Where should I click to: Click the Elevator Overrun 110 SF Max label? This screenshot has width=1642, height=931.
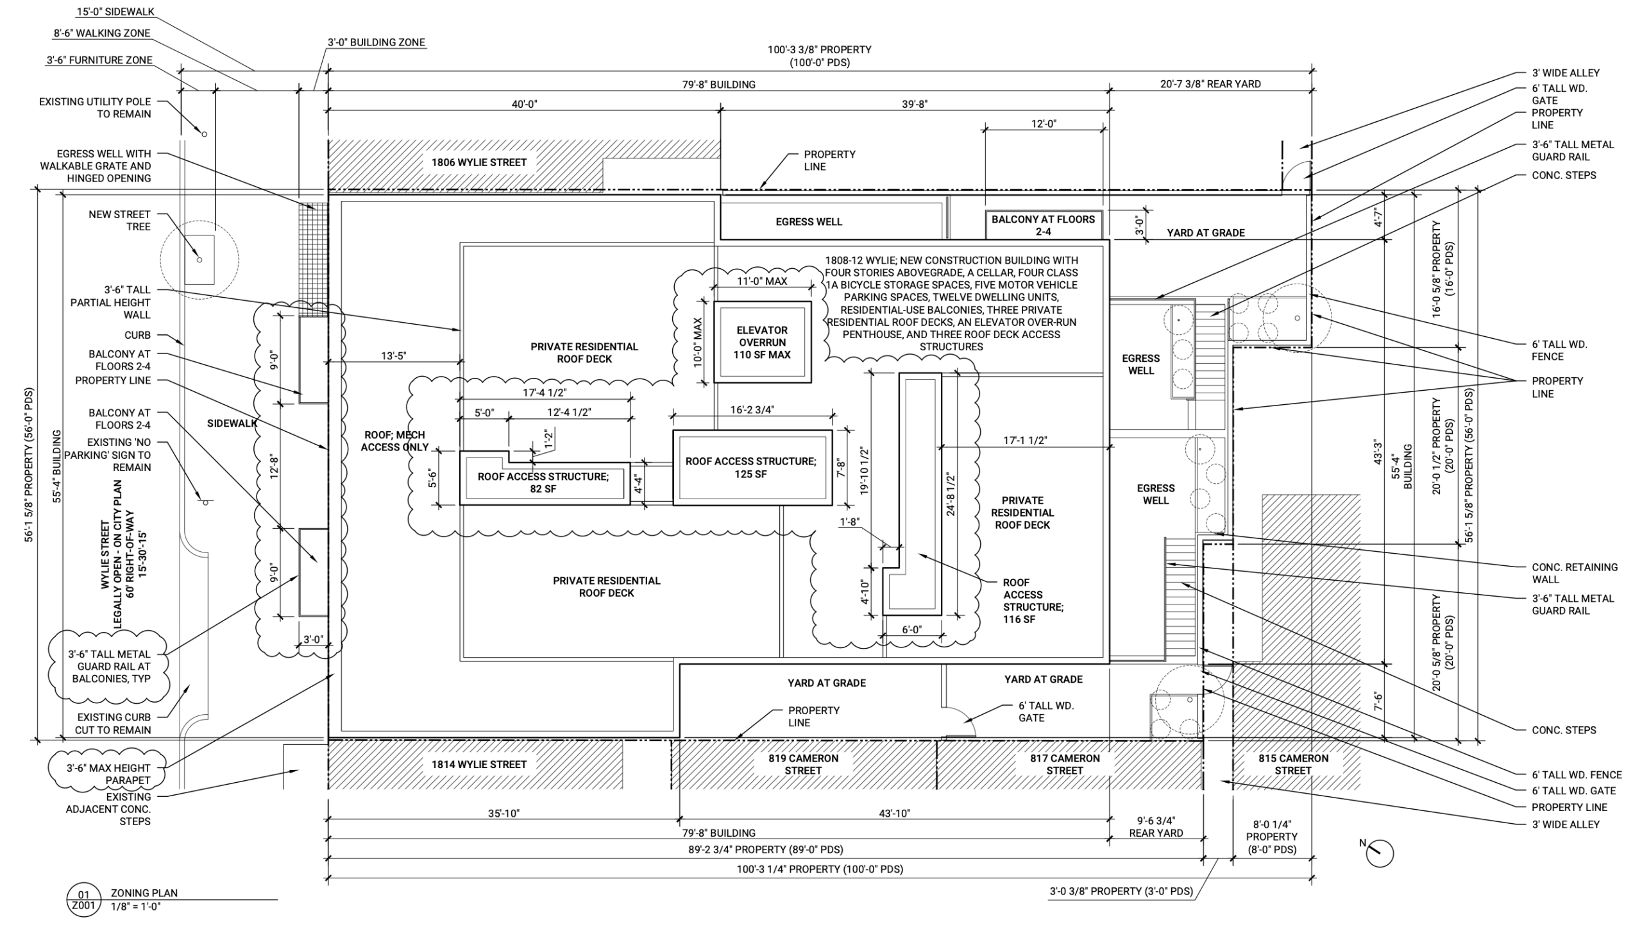[762, 342]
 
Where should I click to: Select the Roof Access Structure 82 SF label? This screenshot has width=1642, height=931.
[543, 483]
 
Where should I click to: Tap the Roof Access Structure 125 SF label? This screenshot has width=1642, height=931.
[750, 468]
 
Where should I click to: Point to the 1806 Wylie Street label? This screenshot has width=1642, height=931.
[478, 162]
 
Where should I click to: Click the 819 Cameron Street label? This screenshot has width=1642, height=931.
[803, 764]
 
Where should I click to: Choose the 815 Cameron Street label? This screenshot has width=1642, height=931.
[1292, 764]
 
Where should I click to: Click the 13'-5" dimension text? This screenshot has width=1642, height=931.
[393, 356]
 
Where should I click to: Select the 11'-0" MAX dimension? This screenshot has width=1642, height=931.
[761, 281]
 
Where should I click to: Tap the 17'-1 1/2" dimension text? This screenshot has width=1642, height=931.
[1025, 440]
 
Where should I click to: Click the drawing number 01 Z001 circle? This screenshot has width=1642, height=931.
[84, 900]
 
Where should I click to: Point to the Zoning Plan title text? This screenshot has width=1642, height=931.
[144, 893]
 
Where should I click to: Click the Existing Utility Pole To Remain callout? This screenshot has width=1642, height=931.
[95, 108]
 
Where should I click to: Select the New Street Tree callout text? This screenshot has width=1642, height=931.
[119, 220]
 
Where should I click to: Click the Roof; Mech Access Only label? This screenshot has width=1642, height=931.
[394, 441]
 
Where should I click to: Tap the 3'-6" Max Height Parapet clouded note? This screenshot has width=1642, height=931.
[108, 774]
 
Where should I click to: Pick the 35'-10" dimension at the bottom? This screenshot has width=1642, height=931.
[504, 814]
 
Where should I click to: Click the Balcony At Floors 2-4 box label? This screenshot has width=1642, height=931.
[1043, 225]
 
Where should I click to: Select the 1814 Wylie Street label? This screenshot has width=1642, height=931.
[478, 764]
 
